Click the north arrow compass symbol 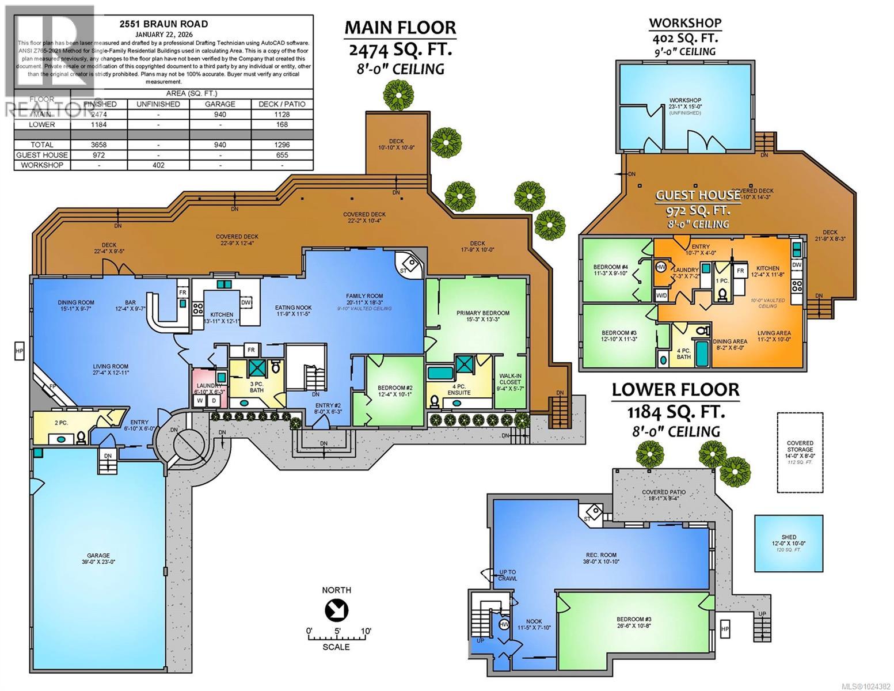click(x=336, y=609)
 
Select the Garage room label click(x=98, y=559)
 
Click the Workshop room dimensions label click(x=685, y=107)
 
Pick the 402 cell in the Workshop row click(x=158, y=165)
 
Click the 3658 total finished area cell click(x=100, y=145)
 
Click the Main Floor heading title click(x=400, y=28)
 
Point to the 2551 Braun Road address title click(x=163, y=24)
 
